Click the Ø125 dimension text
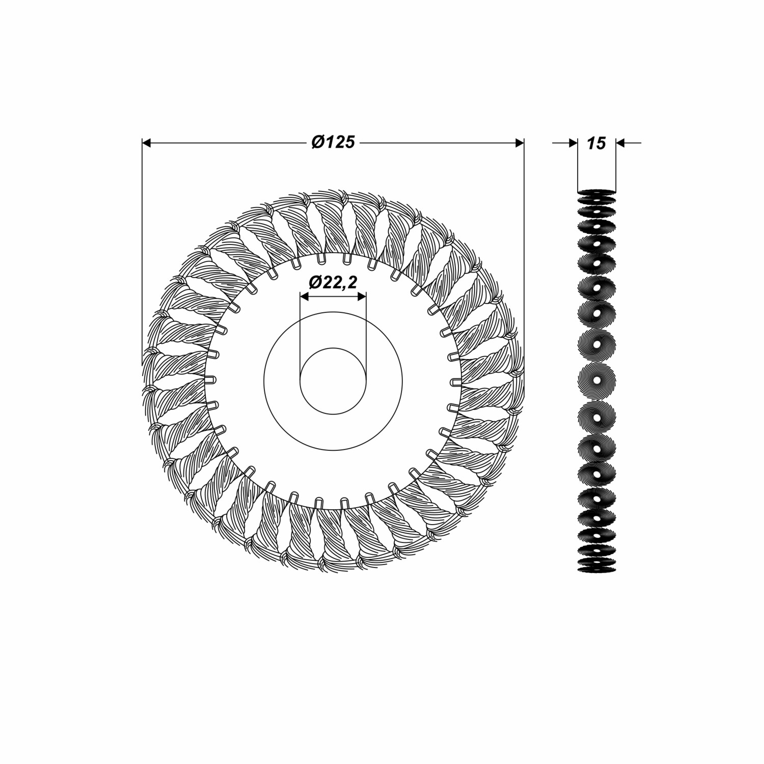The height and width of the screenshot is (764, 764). pos(334,143)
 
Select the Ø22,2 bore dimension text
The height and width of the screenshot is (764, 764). pos(333,282)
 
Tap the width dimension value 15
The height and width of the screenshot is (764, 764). pos(596,144)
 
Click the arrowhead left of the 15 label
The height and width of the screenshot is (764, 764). pos(572,144)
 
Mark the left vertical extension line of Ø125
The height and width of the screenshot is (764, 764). pos(142,255)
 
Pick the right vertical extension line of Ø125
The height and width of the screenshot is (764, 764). pos(524,255)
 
